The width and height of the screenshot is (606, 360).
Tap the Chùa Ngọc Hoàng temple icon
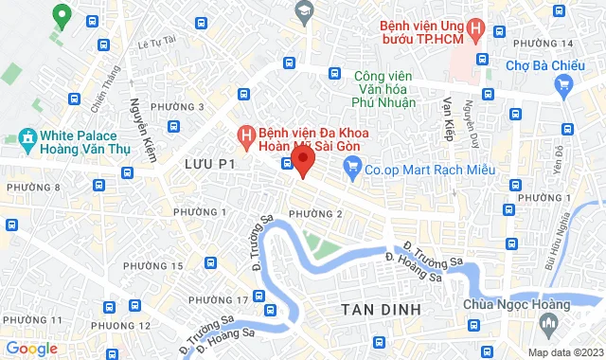pos(548,326)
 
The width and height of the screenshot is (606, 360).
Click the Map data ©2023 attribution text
pos(563,352)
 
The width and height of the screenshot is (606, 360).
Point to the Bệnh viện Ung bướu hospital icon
pos(475,29)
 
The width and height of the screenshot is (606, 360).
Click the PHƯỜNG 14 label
pos(543,44)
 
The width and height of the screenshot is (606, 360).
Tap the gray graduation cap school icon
pos(304,11)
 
